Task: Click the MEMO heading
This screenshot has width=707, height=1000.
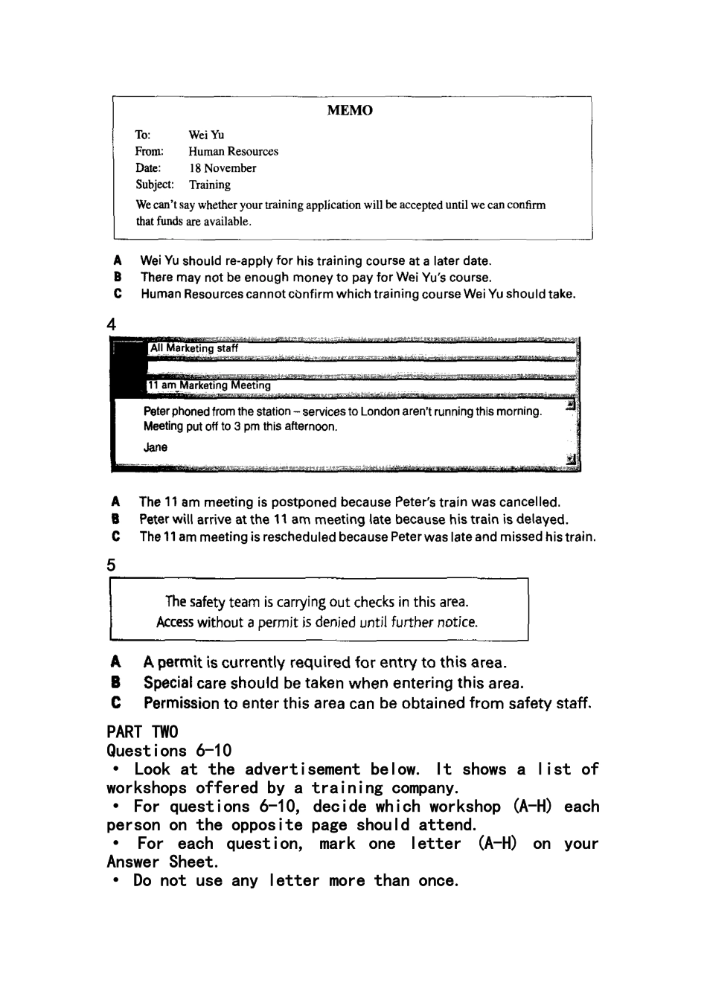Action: pos(350,111)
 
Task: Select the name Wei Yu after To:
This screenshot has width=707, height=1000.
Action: pos(206,135)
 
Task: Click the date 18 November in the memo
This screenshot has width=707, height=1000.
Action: pos(222,168)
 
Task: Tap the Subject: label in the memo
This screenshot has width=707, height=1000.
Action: pos(155,185)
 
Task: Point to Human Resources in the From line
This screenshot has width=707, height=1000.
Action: pos(233,151)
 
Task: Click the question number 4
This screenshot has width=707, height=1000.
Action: pos(112,324)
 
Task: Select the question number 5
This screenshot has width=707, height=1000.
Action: pos(112,565)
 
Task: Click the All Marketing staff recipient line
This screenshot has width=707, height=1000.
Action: pos(194,348)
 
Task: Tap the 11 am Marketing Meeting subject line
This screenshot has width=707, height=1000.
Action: pos(209,385)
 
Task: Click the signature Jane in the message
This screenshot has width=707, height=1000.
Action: pos(156,447)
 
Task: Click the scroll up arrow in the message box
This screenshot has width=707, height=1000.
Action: pos(571,405)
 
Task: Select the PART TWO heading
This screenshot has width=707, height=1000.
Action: pos(143,731)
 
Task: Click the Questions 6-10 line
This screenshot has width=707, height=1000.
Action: pos(169,750)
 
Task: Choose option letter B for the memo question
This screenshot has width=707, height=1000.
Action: pos(118,277)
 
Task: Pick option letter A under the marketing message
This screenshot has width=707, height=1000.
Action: pos(115,502)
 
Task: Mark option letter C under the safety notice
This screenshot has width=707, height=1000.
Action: pos(115,703)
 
